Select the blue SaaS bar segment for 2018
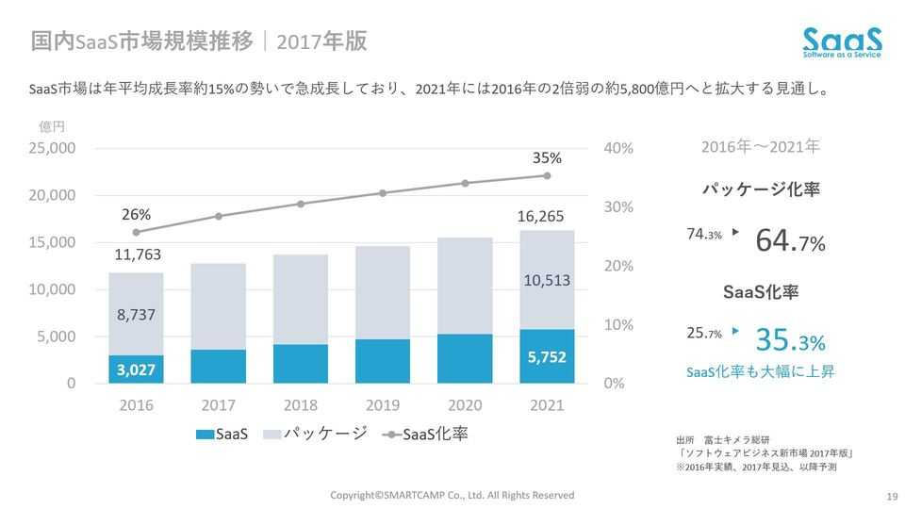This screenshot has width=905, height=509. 300,364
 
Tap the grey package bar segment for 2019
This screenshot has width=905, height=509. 382,292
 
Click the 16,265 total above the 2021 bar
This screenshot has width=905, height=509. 541,217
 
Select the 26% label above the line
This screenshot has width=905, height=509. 136,213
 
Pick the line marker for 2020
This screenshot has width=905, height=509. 465,183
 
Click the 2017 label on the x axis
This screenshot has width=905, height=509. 218,405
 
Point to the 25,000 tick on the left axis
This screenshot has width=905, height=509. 53,148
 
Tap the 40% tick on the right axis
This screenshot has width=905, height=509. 617,148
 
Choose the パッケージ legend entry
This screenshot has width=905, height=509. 316,435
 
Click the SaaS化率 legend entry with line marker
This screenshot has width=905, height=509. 427,435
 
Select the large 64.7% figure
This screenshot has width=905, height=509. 790,241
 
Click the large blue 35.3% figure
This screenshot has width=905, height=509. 790,339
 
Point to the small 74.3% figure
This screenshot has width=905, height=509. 704,234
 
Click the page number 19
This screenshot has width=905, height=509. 890,496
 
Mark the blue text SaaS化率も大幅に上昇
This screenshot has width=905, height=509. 760,371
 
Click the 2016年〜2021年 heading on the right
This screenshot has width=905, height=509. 760,147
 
